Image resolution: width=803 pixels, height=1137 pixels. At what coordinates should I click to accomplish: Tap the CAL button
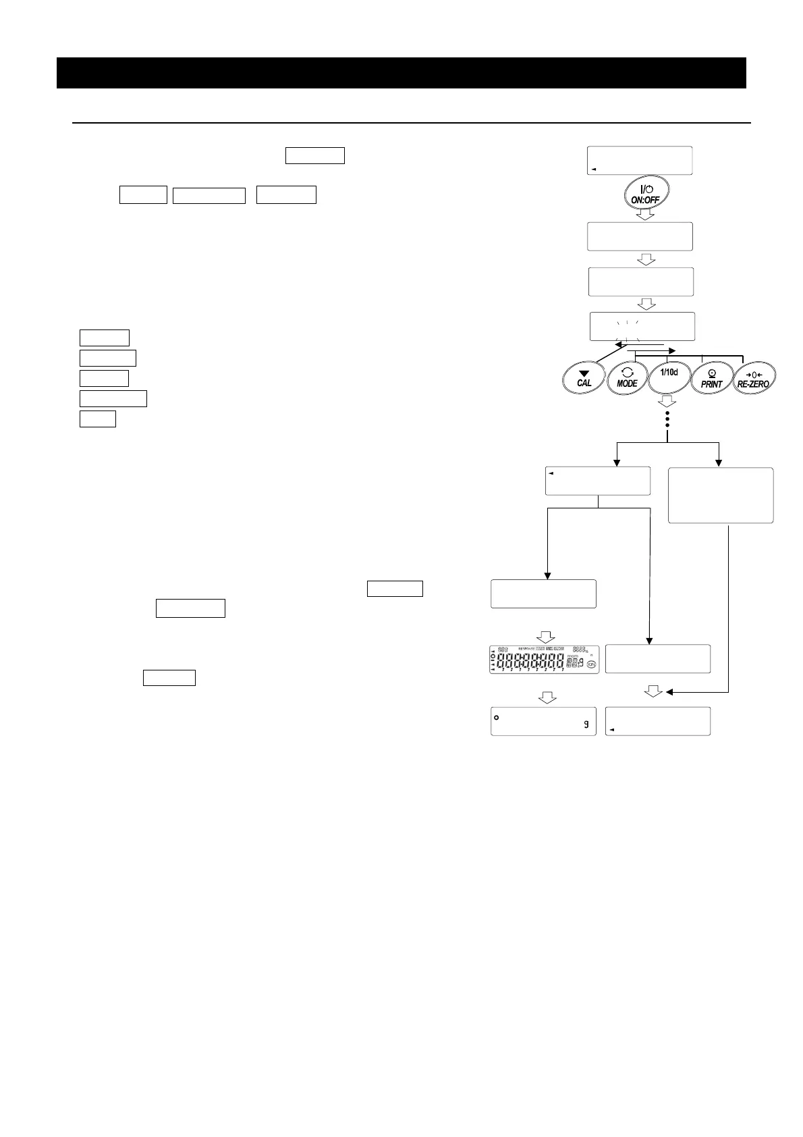[x=584, y=378]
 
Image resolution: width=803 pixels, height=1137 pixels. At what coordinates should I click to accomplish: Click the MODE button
[x=627, y=378]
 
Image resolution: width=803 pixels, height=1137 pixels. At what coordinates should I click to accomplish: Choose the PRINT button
[x=711, y=378]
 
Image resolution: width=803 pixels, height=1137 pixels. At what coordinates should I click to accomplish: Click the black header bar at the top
[x=401, y=73]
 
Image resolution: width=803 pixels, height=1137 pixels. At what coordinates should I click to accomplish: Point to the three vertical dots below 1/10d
[x=667, y=419]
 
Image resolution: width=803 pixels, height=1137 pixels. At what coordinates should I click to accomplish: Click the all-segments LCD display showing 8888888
[x=545, y=660]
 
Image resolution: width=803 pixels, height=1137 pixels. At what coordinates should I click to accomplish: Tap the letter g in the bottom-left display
[x=586, y=724]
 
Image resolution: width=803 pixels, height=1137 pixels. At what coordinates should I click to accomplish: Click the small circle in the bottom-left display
[x=497, y=716]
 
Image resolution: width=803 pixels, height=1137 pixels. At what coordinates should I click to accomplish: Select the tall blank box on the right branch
[x=720, y=495]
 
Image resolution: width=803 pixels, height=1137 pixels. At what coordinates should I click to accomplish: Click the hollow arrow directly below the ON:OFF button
[x=646, y=215]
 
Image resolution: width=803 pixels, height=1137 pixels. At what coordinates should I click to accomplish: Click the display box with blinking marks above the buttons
[x=642, y=327]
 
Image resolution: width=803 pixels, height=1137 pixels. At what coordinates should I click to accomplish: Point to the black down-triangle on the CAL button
[x=584, y=373]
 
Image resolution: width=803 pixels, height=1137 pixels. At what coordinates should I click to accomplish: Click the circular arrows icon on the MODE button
[x=627, y=372]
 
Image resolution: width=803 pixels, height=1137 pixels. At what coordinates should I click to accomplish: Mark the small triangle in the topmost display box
[x=594, y=169]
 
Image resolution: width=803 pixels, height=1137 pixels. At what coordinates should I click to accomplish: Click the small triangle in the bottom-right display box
[x=612, y=730]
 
